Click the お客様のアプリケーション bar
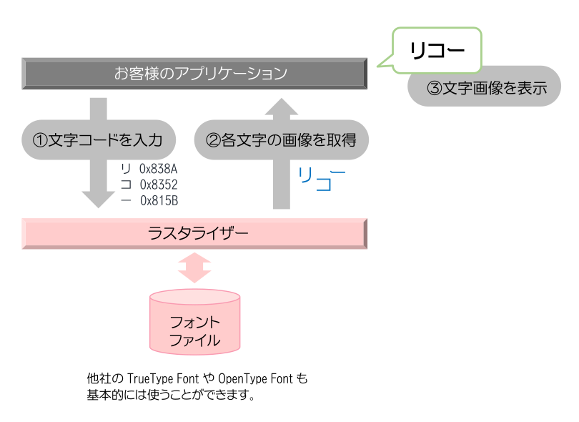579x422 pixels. point(194,73)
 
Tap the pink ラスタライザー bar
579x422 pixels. point(194,234)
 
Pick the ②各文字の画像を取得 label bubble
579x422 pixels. point(282,139)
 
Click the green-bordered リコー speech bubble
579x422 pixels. point(437,50)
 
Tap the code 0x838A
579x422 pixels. point(159,170)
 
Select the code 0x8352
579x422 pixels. point(159,185)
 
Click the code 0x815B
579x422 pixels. point(159,200)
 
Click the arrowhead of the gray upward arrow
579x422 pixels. point(282,108)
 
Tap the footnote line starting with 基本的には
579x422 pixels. point(171,395)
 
